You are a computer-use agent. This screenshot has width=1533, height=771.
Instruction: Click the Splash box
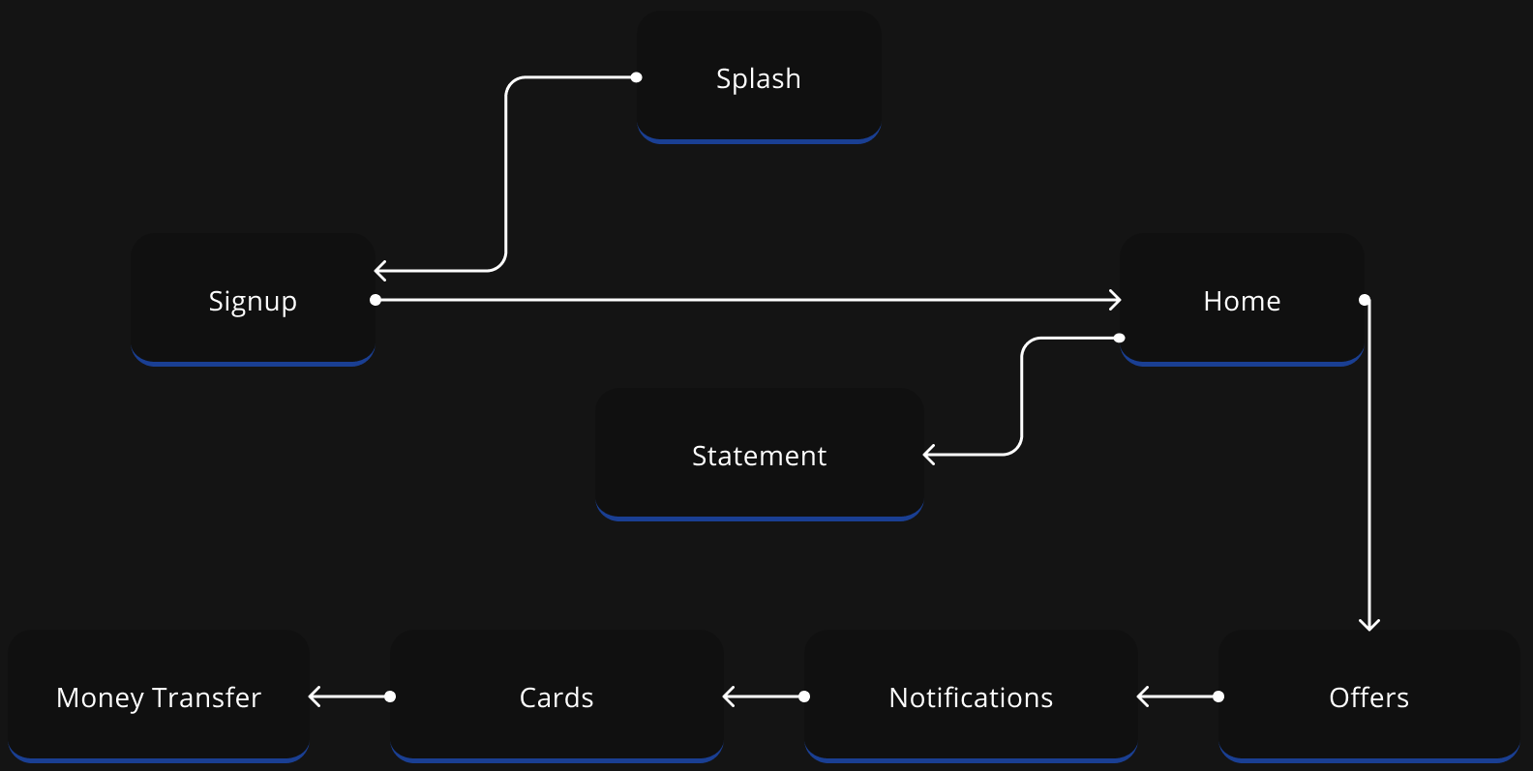click(759, 77)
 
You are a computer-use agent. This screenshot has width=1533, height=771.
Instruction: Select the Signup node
click(253, 300)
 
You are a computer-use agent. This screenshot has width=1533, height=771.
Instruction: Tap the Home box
click(1242, 300)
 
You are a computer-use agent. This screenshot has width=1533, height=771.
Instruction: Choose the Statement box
click(759, 455)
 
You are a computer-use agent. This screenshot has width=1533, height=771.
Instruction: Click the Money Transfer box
click(159, 697)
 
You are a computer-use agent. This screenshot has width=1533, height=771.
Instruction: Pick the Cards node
click(556, 697)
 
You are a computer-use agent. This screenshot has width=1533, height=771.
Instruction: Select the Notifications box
click(971, 697)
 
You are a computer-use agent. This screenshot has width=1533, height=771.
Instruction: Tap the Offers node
click(1368, 697)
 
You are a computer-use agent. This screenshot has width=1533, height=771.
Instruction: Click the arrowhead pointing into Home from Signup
click(1117, 300)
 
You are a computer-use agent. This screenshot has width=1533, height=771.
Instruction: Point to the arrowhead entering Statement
click(928, 455)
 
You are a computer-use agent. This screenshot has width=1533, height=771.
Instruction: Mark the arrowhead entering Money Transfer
click(313, 697)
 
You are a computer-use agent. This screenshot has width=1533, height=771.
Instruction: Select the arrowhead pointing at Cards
click(727, 697)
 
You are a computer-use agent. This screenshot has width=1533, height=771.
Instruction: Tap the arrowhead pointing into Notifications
click(1141, 697)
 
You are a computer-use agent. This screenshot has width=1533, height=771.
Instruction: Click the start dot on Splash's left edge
click(636, 77)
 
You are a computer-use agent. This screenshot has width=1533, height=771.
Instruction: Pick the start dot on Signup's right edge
click(376, 300)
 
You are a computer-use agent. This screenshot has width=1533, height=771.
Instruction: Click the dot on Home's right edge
click(1365, 300)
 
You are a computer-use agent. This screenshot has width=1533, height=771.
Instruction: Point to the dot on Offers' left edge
click(1218, 697)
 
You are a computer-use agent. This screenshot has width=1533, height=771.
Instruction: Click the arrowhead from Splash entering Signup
click(378, 271)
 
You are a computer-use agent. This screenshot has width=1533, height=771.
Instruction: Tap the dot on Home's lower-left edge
click(1120, 338)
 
